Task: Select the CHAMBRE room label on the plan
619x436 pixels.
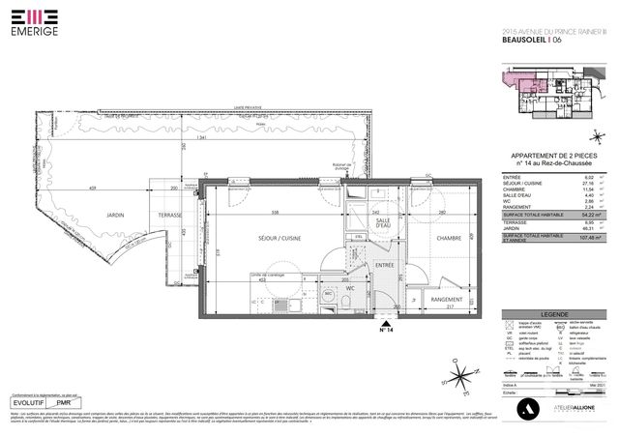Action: (448, 238)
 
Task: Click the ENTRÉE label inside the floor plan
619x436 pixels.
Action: (384, 264)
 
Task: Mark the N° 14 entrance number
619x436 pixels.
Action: (386, 331)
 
